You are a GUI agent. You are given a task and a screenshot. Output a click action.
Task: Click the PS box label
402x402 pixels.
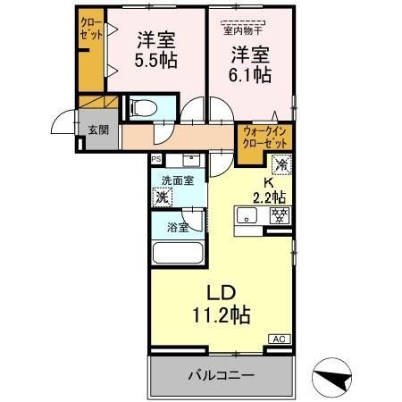point(156,160)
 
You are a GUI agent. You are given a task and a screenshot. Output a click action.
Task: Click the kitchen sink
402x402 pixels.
point(247,216)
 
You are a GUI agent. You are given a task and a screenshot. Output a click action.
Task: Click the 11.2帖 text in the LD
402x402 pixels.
point(220,314)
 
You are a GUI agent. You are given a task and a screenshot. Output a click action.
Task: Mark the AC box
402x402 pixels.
point(279,339)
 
